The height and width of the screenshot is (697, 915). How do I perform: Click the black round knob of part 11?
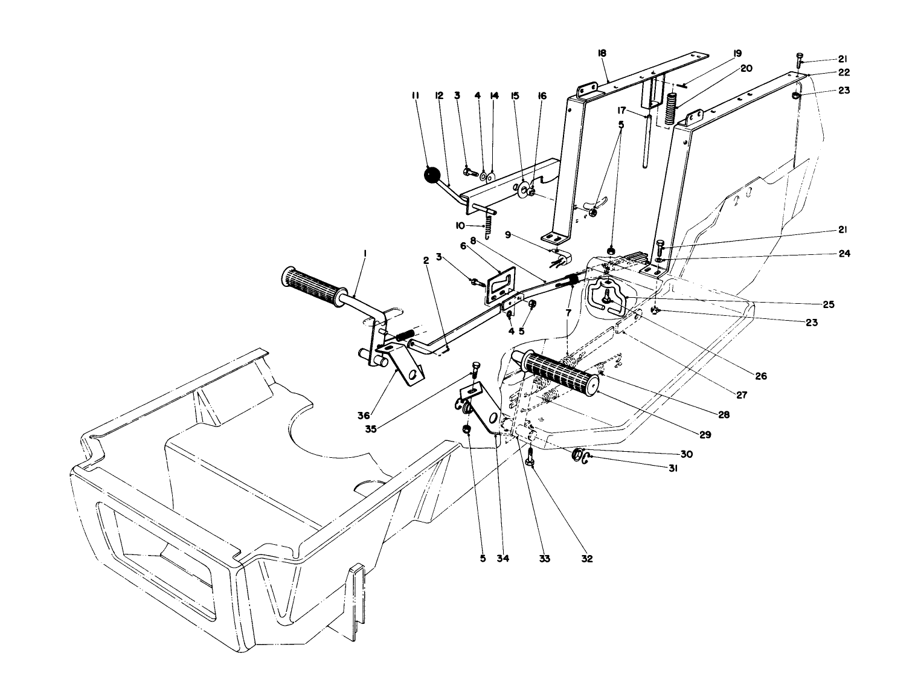tap(432, 175)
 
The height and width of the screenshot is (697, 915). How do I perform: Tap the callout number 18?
tap(602, 54)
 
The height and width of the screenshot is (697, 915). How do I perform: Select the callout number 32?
tap(586, 559)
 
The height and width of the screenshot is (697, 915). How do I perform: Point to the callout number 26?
tap(760, 376)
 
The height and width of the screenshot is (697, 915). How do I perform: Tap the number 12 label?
tap(439, 95)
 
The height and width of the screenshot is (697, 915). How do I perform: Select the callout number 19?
tap(737, 53)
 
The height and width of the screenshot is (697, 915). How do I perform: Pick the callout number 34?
tap(503, 559)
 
